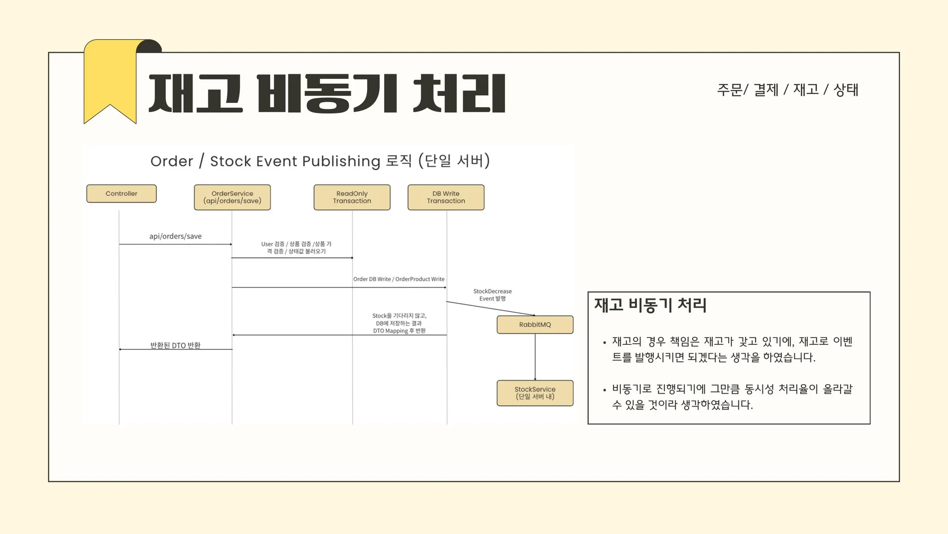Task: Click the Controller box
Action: point(121,194)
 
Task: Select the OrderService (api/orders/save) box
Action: point(232,197)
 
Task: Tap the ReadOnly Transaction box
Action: point(352,197)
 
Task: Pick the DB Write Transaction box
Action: point(446,197)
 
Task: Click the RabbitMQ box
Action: point(535,324)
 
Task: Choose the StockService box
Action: point(535,393)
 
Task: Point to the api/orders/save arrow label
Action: point(175,236)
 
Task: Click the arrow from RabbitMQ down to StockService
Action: point(535,357)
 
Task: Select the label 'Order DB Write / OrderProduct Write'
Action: point(399,279)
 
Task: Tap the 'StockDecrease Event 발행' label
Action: point(493,295)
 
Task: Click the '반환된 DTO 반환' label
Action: point(175,345)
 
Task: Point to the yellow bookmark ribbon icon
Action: point(110,81)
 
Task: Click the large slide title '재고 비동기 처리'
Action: point(327,94)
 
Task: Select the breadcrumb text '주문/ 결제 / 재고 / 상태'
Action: point(787,89)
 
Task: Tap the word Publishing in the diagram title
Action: point(341,161)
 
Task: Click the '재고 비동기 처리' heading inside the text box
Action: point(650,305)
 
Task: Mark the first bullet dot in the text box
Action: point(605,343)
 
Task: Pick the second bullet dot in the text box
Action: point(605,390)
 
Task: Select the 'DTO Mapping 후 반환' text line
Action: point(399,331)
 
